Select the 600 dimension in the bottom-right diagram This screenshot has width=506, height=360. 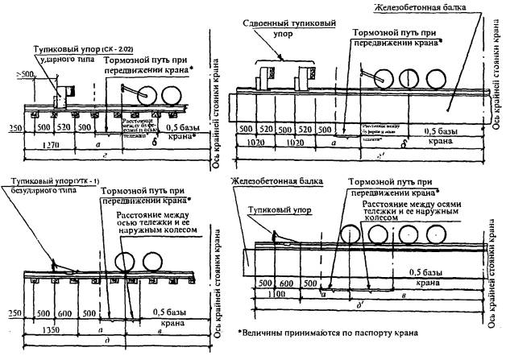[x=286, y=284]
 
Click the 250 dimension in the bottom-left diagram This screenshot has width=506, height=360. [x=12, y=312]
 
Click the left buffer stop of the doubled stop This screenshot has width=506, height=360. [x=265, y=79]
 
